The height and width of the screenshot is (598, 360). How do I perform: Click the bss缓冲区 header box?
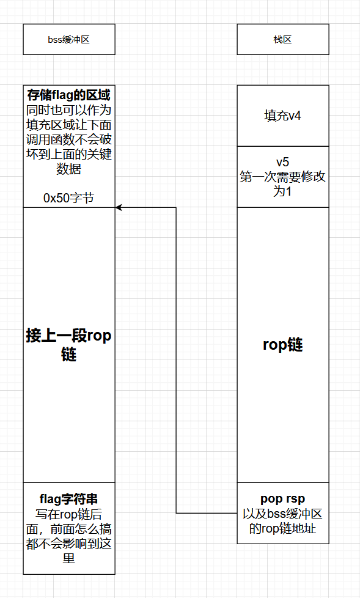pos(69,39)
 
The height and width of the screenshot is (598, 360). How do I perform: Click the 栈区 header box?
pos(282,39)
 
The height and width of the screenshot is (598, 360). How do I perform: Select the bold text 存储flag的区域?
pos(68,95)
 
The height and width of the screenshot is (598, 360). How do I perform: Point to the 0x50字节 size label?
pos(68,198)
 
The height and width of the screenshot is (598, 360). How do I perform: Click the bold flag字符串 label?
pos(68,498)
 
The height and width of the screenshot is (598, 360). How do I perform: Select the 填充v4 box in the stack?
pos(282,116)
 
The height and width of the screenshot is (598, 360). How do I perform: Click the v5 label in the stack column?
pos(282,162)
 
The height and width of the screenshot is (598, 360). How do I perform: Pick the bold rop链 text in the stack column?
pos(282,344)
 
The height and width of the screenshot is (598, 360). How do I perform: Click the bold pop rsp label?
pos(282,499)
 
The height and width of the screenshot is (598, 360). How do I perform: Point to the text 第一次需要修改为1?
pos(282,184)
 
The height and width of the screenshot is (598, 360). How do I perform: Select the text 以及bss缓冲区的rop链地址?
pos(282,521)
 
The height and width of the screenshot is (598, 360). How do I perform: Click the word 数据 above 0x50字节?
pos(68,169)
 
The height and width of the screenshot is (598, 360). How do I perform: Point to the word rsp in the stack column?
pos(295,499)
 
